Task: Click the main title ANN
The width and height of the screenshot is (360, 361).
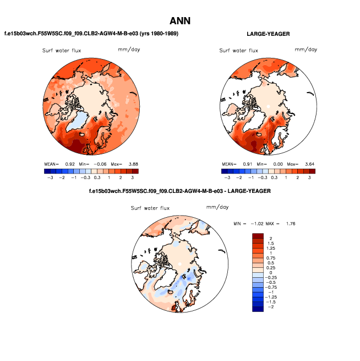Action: (x=179, y=21)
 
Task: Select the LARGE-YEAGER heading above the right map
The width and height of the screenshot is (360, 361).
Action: (x=268, y=34)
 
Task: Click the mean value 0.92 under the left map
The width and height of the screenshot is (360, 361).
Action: (x=70, y=164)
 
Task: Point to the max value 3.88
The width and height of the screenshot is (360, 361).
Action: (x=132, y=164)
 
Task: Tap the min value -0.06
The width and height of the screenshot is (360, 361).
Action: (x=100, y=164)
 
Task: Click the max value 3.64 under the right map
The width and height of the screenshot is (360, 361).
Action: (x=308, y=164)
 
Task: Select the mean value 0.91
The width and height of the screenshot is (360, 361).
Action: (x=247, y=164)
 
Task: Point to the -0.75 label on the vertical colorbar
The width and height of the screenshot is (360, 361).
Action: (x=271, y=287)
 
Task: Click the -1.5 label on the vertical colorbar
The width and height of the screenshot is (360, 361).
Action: (x=271, y=303)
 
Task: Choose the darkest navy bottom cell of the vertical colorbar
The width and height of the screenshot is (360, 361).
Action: (x=258, y=308)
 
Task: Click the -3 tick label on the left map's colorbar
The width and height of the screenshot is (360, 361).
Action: (x=49, y=177)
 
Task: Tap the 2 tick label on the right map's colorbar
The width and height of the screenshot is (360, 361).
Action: (x=298, y=177)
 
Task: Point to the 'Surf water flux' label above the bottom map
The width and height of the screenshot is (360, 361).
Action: (x=150, y=208)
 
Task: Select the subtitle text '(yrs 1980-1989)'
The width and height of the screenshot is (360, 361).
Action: (x=158, y=34)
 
